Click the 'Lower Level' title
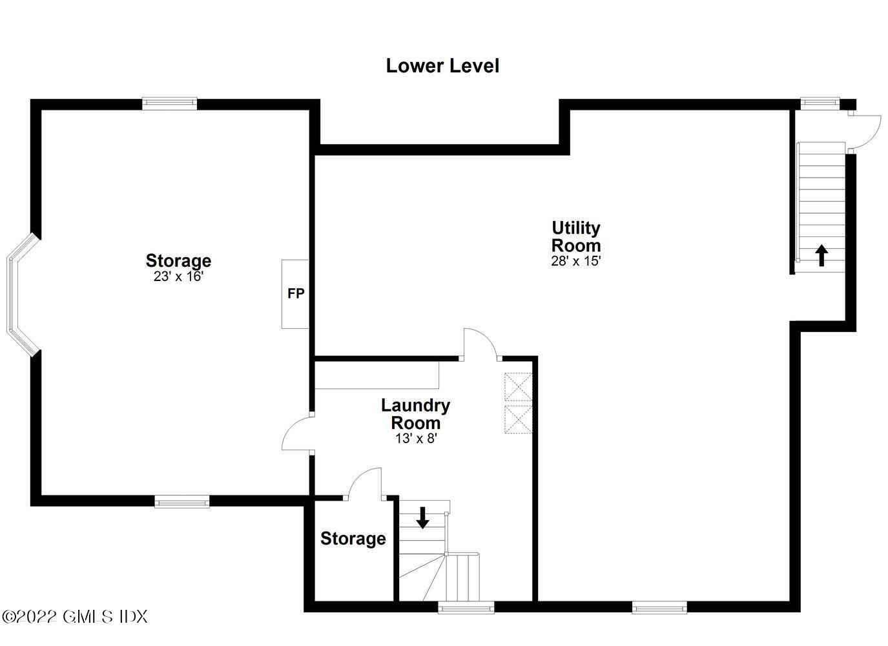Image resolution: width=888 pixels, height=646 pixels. coord(442,66)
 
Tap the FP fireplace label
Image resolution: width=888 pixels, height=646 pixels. coord(296,294)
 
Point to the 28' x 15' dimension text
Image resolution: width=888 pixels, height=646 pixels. coord(575,261)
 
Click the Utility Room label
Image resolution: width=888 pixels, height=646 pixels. coord(575,236)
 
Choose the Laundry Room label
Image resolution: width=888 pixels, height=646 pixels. coord(415,414)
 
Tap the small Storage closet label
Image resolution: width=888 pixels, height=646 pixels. coord(353,539)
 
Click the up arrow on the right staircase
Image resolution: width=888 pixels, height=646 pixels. coord(821,255)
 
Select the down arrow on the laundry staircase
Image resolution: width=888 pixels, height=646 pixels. coord(422,517)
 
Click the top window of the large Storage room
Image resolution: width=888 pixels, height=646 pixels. coord(169,103)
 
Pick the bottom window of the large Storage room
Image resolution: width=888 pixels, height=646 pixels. coord(181,501)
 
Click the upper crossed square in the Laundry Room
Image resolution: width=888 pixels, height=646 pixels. coord(517,387)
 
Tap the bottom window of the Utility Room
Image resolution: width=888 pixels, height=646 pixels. coord(659,607)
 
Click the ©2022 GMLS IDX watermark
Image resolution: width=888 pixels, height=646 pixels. coord(75,616)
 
